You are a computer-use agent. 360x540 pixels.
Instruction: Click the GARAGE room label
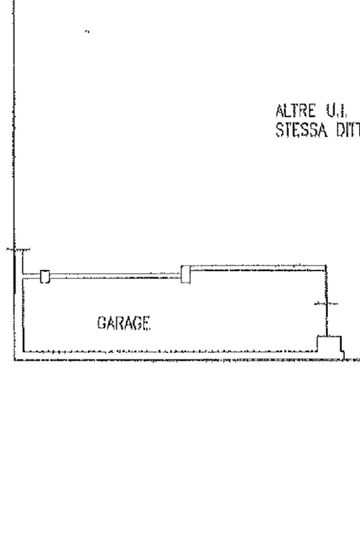click(123, 322)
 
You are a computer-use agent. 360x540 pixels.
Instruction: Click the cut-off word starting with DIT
click(347, 128)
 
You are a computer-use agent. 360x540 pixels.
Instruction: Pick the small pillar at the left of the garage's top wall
click(45, 276)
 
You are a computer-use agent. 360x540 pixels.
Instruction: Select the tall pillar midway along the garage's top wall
click(185, 274)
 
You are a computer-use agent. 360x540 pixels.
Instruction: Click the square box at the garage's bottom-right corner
click(329, 343)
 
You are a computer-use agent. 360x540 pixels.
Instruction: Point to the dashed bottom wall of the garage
click(169, 351)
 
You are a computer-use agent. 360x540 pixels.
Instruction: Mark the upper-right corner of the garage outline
click(326, 266)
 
